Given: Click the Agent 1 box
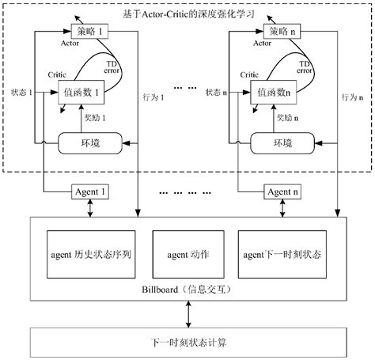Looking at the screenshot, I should pyautogui.click(x=90, y=192).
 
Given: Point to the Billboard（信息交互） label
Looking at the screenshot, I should pyautogui.click(x=188, y=295).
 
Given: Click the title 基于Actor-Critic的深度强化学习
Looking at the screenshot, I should pyautogui.click(x=187, y=14).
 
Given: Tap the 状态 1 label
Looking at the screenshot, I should pyautogui.click(x=21, y=93).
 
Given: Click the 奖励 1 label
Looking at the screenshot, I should pyautogui.click(x=95, y=117).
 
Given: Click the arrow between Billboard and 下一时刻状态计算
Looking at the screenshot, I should pyautogui.click(x=187, y=314).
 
